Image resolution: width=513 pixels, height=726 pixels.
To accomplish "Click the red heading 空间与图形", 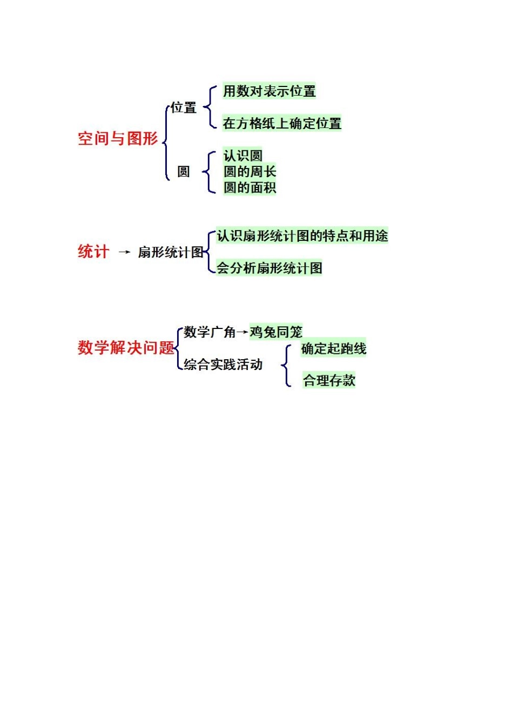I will click(118, 139).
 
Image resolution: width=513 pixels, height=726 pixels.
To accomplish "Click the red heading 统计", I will click(93, 252).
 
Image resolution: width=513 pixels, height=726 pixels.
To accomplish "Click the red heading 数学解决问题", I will click(126, 347).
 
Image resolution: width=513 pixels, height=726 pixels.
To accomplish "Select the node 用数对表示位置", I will click(269, 91).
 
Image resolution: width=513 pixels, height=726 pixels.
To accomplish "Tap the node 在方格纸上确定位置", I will click(282, 124).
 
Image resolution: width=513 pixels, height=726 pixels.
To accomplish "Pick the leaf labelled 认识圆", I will click(243, 156).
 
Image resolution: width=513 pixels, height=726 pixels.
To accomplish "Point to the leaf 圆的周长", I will click(249, 172).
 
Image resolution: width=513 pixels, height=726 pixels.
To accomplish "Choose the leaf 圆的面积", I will click(249, 187).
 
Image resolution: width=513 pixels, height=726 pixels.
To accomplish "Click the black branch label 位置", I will click(184, 107).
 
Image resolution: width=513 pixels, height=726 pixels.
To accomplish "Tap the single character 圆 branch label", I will click(184, 172).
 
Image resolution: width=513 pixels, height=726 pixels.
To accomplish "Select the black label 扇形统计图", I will click(171, 252).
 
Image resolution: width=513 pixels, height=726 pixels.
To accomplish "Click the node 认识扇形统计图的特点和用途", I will click(302, 236).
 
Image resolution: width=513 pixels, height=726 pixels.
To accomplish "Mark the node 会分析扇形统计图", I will click(269, 268).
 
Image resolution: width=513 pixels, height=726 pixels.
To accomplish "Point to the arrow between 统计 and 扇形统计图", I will click(124, 252).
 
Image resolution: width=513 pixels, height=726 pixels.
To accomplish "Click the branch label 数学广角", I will click(210, 332).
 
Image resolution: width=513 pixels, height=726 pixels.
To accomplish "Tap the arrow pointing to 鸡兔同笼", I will click(242, 332).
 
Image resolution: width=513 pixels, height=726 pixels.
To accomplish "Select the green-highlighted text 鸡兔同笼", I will click(276, 332).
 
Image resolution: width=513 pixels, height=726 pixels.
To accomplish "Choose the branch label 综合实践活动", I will click(223, 365).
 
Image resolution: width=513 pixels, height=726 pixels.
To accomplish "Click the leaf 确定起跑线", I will click(334, 348).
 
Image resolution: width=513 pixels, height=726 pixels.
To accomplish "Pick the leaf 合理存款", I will click(329, 380).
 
